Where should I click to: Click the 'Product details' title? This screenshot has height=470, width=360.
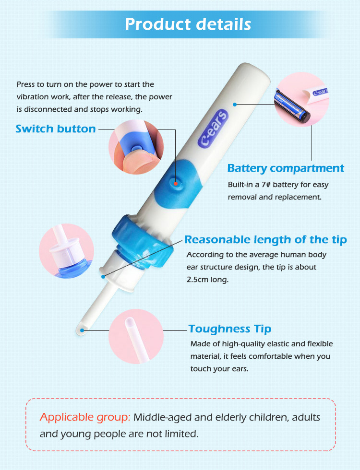(188, 24)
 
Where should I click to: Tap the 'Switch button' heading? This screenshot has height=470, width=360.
(56, 129)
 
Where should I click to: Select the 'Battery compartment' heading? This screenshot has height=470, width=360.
(286, 168)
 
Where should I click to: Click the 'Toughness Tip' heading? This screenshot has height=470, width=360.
(230, 329)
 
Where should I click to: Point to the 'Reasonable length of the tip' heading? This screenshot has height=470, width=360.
(265, 240)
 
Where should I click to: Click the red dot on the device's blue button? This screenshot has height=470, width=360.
(176, 184)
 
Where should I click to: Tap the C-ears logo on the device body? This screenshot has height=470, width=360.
(213, 129)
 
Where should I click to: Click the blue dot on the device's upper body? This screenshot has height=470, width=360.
(235, 105)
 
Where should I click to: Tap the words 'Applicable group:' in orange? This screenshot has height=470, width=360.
(85, 417)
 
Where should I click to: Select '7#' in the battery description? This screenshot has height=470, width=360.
(266, 184)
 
